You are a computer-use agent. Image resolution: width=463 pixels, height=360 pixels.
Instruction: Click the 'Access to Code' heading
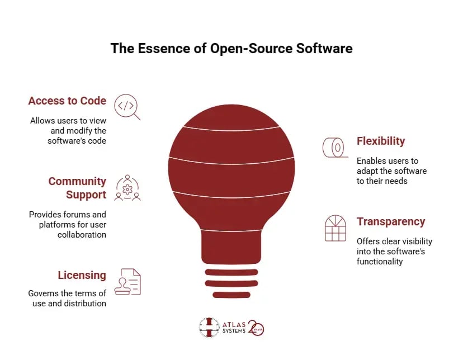pyautogui.click(x=67, y=101)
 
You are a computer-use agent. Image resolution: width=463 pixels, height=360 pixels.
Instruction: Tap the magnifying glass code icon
pyautogui.click(x=127, y=107)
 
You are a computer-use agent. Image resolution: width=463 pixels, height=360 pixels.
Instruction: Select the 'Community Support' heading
pyautogui.click(x=77, y=188)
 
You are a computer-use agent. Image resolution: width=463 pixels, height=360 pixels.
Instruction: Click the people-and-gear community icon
pyautogui.click(x=127, y=188)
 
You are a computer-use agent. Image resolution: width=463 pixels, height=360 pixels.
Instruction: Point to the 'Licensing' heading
pyautogui.click(x=82, y=276)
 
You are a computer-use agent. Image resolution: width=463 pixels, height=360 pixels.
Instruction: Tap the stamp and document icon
pyautogui.click(x=127, y=282)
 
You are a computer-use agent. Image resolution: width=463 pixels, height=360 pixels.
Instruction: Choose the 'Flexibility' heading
pyautogui.click(x=381, y=141)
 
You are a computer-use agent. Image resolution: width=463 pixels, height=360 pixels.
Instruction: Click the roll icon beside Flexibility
pyautogui.click(x=335, y=147)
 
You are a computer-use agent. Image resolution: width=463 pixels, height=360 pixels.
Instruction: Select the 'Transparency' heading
pyautogui.click(x=391, y=221)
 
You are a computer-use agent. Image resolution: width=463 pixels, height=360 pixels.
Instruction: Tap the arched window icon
pyautogui.click(x=336, y=228)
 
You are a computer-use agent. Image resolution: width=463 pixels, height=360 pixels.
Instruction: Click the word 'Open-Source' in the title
pyautogui.click(x=252, y=49)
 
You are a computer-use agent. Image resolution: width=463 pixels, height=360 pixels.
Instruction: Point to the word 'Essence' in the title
pyautogui.click(x=164, y=49)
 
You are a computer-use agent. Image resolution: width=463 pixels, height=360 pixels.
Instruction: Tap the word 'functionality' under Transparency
pyautogui.click(x=380, y=262)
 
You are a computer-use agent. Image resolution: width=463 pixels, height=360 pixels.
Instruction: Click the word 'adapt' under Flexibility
pyautogui.click(x=366, y=172)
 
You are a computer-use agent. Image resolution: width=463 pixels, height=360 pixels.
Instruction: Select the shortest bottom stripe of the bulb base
pyautogui.click(x=232, y=295)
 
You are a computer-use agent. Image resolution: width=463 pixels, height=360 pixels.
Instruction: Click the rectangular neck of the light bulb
pyautogui.click(x=232, y=247)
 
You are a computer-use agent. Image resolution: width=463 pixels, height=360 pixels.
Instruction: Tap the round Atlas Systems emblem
pyautogui.click(x=209, y=327)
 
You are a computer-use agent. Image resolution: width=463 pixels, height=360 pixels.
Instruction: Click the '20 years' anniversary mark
pyautogui.click(x=256, y=328)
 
